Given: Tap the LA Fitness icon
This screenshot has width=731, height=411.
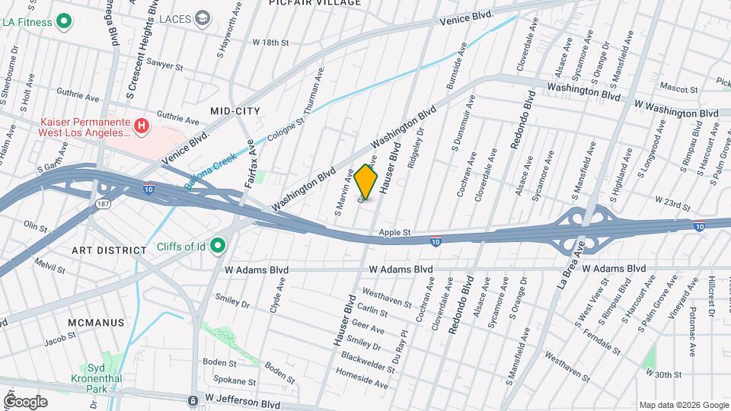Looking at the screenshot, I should [x=65, y=22].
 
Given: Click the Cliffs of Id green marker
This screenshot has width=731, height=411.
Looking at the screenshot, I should [x=218, y=245].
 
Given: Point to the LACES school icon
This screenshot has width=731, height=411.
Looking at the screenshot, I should [x=203, y=18].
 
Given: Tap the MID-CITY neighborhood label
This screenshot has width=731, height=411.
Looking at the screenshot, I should [x=235, y=111].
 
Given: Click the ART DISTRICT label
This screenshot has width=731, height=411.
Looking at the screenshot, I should [x=109, y=250].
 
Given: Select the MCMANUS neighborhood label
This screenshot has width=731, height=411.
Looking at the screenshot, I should [x=96, y=322].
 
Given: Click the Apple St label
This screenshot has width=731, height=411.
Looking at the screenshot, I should [x=394, y=232].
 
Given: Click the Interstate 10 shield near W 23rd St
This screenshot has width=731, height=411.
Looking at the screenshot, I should [x=698, y=225].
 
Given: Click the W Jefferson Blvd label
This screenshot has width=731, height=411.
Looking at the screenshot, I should [x=242, y=398].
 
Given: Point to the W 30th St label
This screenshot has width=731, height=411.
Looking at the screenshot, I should [x=662, y=373].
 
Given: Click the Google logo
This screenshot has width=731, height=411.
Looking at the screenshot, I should [x=25, y=401].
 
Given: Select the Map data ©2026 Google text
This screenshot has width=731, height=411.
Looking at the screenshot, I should [x=682, y=405].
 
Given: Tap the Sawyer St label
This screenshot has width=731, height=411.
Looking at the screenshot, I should [x=166, y=67].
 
